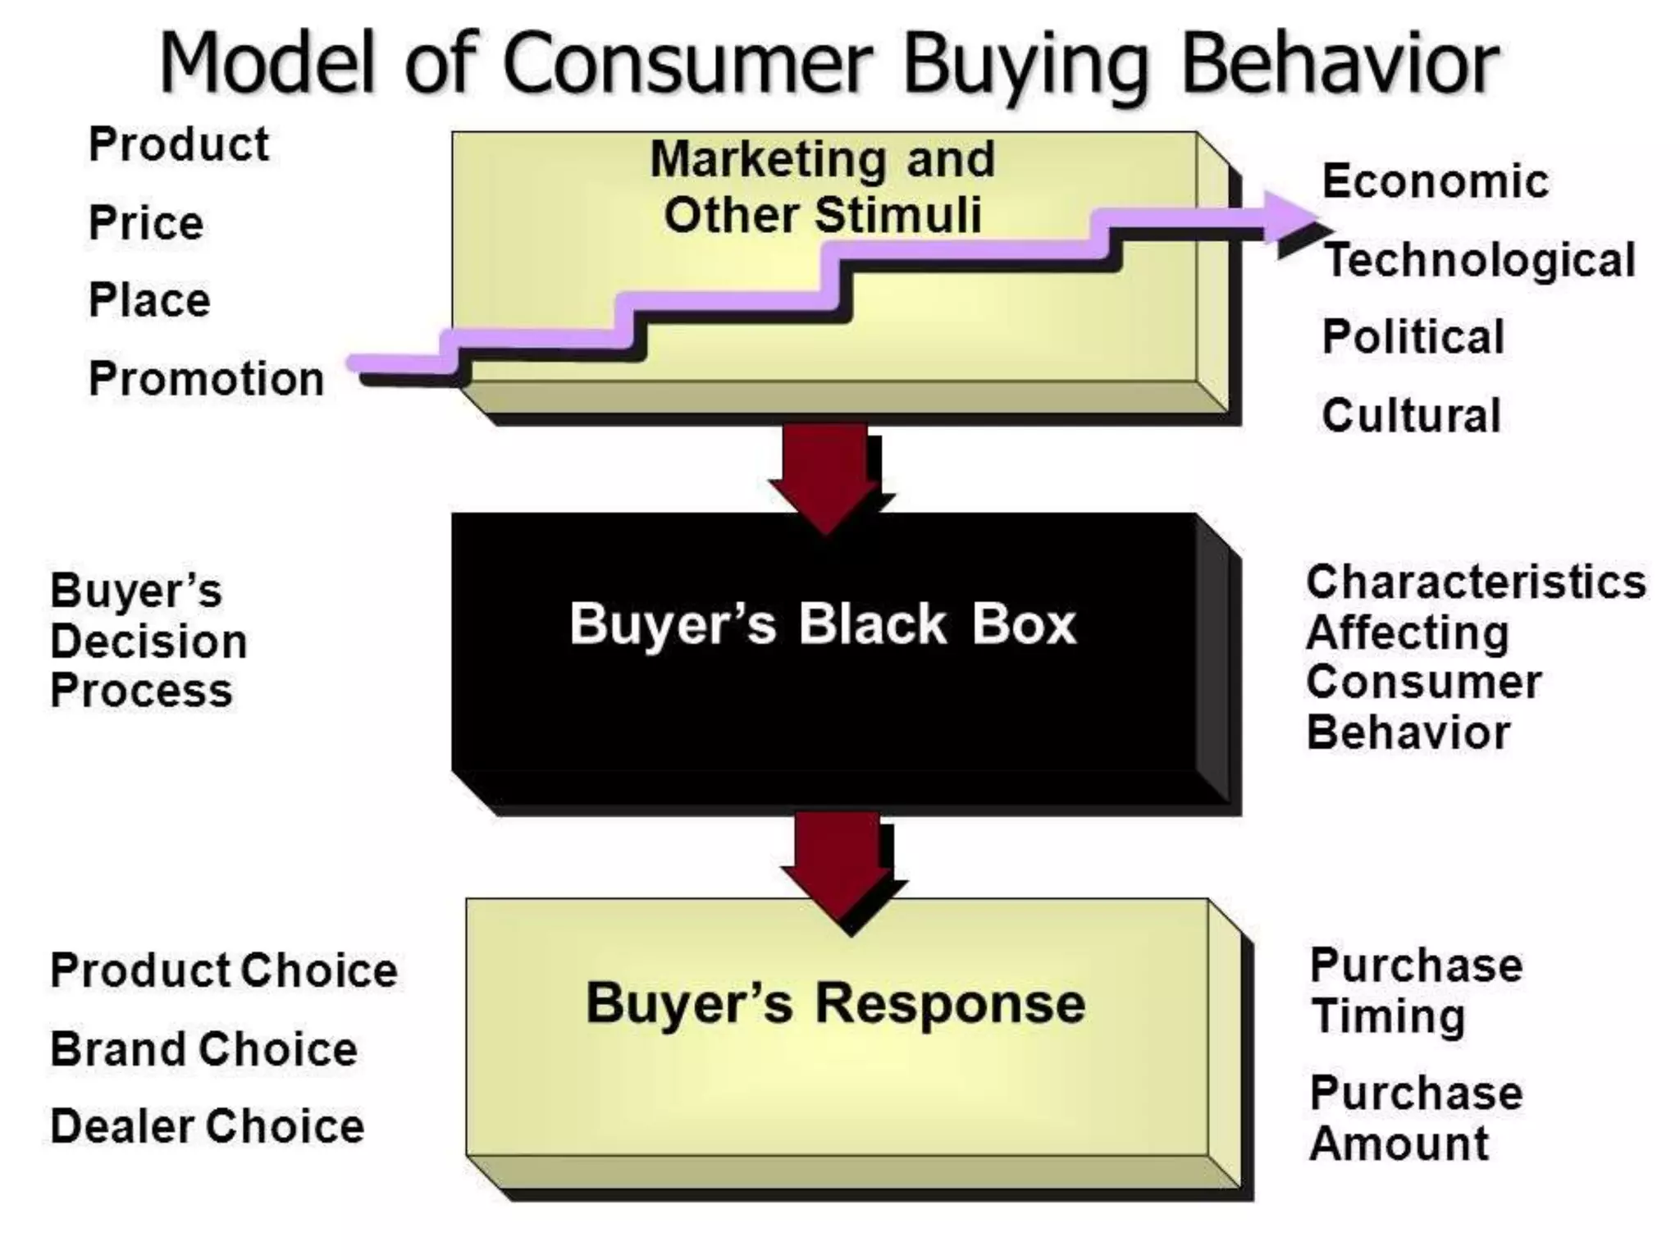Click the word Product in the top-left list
[x=179, y=145]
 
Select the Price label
[x=146, y=223]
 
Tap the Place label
[x=149, y=300]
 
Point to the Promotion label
[x=206, y=379]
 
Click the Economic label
[x=1435, y=181]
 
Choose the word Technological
[x=1480, y=260]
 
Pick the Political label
[x=1413, y=337]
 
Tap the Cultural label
[x=1411, y=415]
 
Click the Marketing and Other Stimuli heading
[x=823, y=187]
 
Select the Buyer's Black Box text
[x=823, y=624]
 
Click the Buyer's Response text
[x=835, y=1003]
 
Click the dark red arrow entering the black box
[x=825, y=477]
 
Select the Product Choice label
[x=224, y=970]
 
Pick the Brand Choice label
[x=204, y=1049]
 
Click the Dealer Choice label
[x=208, y=1126]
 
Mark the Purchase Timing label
[x=1416, y=991]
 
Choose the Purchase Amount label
[x=1416, y=1118]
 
